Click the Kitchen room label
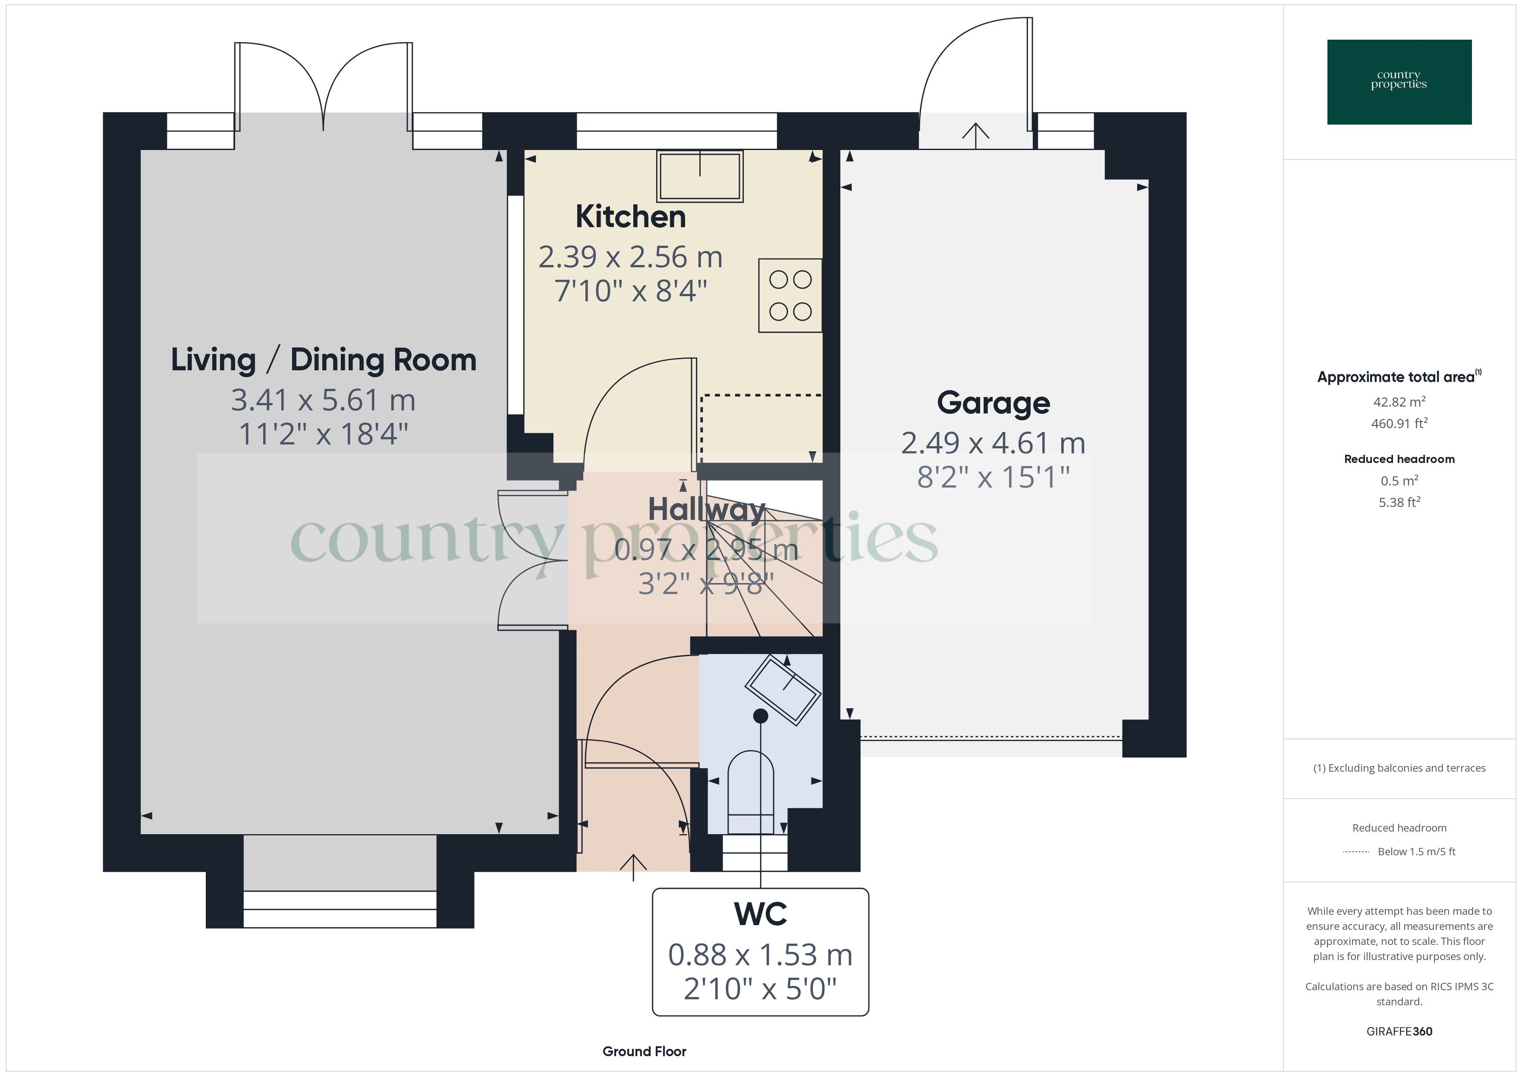click(630, 217)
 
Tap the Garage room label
click(993, 403)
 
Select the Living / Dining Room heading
click(324, 360)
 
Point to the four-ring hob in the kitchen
click(790, 295)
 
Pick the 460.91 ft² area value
click(1399, 423)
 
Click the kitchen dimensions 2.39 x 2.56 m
click(630, 257)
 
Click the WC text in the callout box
click(760, 914)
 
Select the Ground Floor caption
click(644, 1051)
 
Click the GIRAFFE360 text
click(1399, 1031)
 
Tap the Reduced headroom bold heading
click(1399, 459)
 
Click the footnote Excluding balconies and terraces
click(1399, 768)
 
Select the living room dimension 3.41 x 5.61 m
click(324, 400)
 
